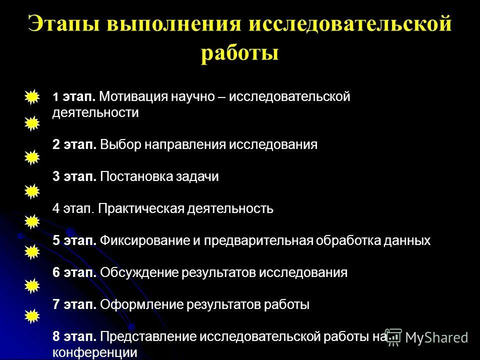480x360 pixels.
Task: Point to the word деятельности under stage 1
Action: click(x=95, y=112)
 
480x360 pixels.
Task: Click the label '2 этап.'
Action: click(x=74, y=145)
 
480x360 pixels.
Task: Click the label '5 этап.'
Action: click(x=74, y=241)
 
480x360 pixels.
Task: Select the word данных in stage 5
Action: click(x=406, y=241)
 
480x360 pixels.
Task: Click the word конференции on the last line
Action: click(x=95, y=352)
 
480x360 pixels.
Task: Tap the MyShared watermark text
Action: click(x=436, y=337)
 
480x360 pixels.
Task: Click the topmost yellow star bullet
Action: click(x=31, y=96)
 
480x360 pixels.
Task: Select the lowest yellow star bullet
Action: click(x=31, y=315)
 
